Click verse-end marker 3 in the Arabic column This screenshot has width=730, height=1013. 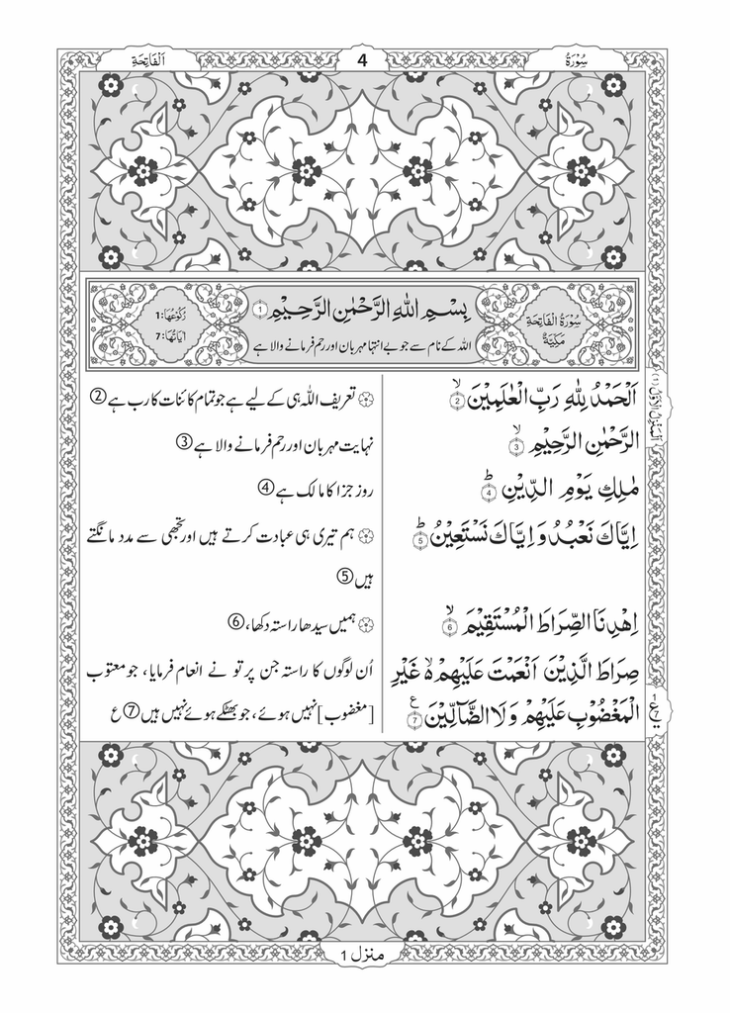point(515,447)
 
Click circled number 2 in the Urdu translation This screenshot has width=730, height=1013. point(98,397)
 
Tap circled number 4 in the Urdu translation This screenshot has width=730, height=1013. point(264,486)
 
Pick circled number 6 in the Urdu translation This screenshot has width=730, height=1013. point(235,622)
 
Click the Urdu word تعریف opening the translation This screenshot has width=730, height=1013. point(341,398)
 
